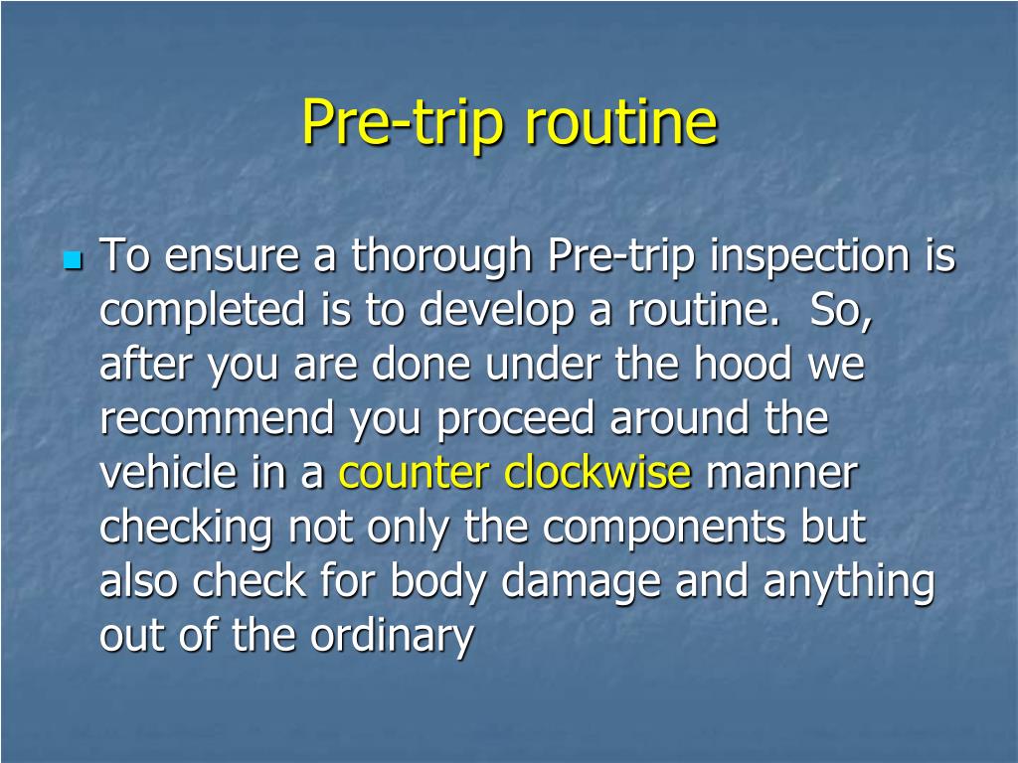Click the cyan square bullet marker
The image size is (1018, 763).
72,262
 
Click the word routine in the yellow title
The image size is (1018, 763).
619,123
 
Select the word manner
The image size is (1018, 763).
780,474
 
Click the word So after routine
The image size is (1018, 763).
840,312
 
